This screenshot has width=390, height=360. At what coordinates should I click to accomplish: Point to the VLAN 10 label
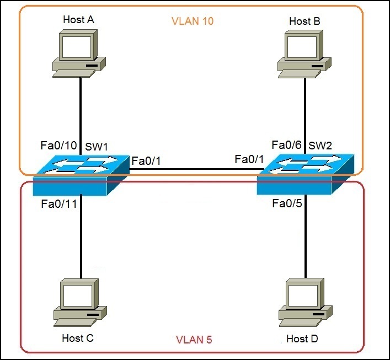tap(193, 22)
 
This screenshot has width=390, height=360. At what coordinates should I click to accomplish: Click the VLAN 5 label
tap(193, 340)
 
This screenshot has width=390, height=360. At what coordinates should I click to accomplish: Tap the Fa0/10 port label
tap(59, 146)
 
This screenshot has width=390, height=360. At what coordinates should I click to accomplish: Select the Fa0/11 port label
tap(59, 205)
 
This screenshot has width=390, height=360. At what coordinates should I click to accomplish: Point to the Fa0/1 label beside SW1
tap(147, 161)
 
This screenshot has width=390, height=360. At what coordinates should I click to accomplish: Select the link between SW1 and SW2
tap(193, 170)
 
